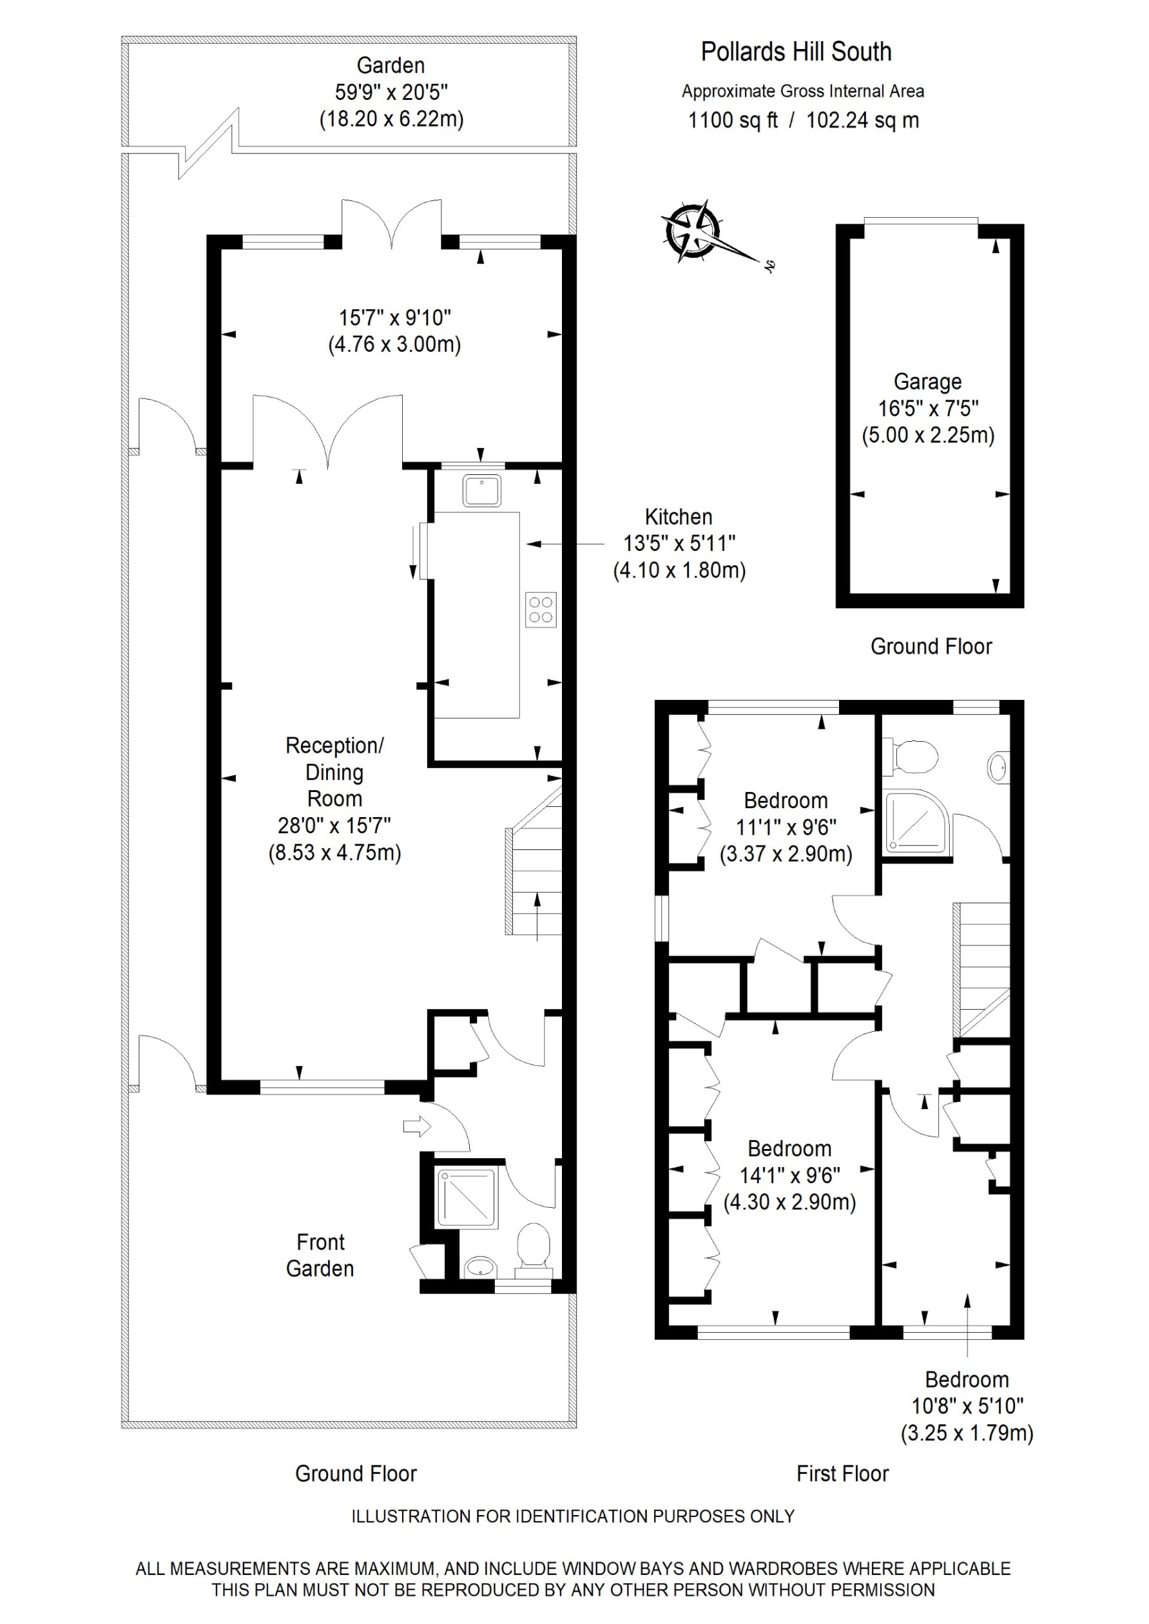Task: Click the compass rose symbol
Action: click(x=692, y=231)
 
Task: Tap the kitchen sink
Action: click(x=482, y=490)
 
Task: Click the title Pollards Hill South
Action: click(x=795, y=52)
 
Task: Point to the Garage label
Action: click(x=927, y=382)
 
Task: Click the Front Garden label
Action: click(x=320, y=1255)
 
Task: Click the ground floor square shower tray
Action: click(x=467, y=1198)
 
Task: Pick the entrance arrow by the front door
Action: click(x=417, y=1126)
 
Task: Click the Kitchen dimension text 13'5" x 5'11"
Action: click(x=679, y=543)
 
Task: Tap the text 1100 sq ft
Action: click(x=732, y=121)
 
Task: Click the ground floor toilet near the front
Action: click(x=534, y=1248)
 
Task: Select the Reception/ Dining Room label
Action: click(x=334, y=771)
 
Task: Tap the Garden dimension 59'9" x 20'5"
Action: click(x=391, y=92)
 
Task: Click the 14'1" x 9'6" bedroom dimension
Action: click(x=789, y=1175)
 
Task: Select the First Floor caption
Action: click(x=842, y=1474)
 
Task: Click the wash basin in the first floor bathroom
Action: click(x=997, y=767)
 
